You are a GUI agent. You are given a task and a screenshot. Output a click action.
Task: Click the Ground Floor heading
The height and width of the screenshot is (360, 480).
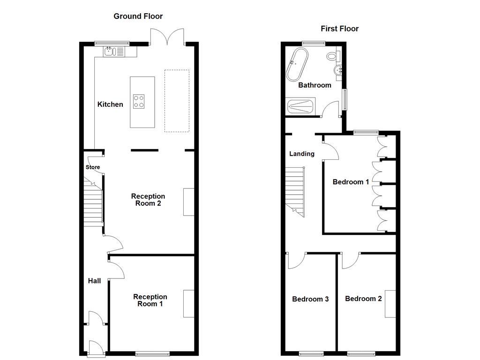138,16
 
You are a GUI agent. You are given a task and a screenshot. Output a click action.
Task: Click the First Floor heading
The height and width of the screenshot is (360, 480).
339,29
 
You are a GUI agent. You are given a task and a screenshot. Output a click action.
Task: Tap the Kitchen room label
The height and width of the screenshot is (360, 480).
110,105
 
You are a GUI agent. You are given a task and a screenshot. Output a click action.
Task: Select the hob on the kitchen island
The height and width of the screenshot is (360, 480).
139,101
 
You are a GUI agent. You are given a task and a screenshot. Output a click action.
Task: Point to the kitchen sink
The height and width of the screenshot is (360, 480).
109,51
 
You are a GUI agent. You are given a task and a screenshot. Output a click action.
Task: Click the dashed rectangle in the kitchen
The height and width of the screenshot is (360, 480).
177,101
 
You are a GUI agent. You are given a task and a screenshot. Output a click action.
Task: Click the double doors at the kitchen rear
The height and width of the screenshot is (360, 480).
167,37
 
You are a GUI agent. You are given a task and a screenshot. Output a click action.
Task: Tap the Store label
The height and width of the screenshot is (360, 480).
93,167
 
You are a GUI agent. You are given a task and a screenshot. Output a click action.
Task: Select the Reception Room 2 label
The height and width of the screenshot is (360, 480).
148,200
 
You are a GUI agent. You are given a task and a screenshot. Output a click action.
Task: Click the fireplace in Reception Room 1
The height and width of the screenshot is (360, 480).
188,304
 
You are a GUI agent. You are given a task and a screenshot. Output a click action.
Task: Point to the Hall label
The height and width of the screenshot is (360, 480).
94,281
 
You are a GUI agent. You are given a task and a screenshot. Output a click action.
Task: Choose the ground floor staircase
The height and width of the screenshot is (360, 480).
93,204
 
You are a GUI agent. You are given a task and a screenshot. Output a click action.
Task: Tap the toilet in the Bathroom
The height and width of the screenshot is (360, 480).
333,56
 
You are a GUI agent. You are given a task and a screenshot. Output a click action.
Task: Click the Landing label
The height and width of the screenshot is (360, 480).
301,154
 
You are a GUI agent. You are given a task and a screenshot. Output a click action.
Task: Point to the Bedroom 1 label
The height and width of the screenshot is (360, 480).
351,182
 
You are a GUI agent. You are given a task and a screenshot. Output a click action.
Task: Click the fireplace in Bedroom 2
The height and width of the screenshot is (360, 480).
390,304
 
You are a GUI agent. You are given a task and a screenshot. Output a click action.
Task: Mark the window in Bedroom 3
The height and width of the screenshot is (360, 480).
311,353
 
